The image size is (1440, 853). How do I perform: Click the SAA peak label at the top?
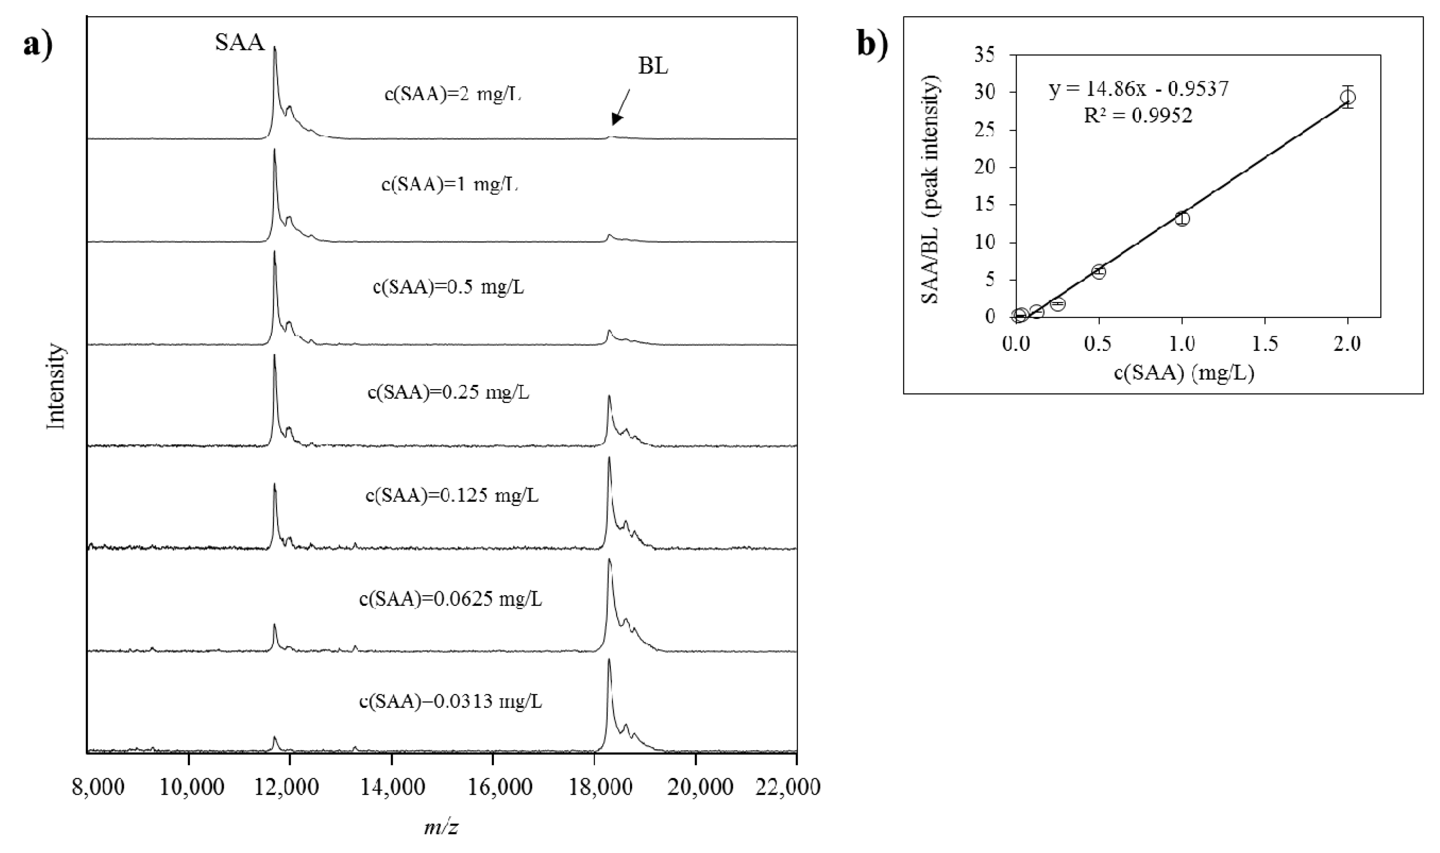[x=241, y=42]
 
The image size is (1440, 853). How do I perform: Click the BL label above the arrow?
[x=653, y=67]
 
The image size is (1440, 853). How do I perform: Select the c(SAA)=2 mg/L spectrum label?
[x=453, y=94]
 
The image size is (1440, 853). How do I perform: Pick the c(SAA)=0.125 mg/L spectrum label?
[x=452, y=495]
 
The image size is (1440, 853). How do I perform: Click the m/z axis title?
[x=442, y=828]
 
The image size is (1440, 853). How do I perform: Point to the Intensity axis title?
[x=57, y=386]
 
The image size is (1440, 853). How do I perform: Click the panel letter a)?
[x=38, y=44]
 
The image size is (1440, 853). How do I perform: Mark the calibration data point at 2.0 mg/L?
[x=1347, y=97]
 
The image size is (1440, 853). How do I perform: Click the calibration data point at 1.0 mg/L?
[x=1182, y=218]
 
